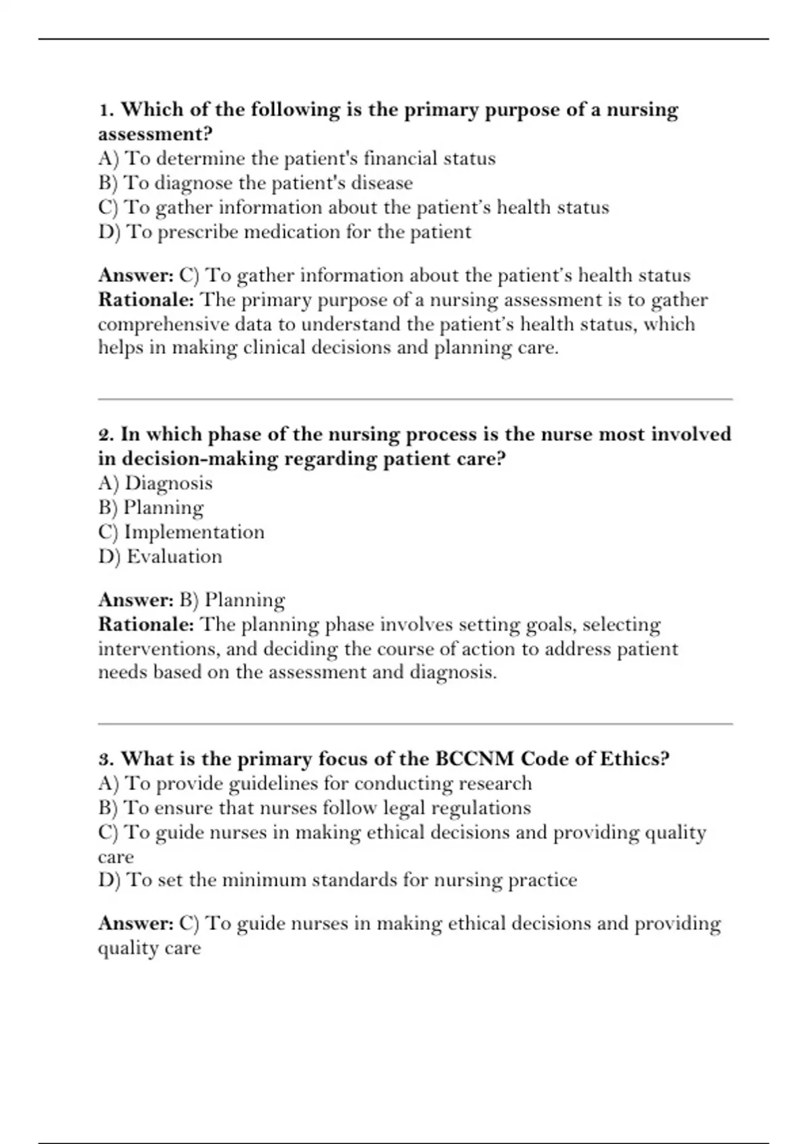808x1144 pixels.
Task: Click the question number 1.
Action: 106,110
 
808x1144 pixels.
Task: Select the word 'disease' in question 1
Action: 382,183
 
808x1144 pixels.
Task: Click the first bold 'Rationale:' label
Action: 146,299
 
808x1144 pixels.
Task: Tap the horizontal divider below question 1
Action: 415,399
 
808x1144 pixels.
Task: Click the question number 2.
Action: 106,435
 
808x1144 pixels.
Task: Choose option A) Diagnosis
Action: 155,483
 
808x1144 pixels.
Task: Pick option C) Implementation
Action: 181,532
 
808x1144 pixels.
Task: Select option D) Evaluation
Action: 160,557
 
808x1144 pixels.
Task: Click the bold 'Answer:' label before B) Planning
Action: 136,600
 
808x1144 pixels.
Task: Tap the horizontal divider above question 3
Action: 415,724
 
